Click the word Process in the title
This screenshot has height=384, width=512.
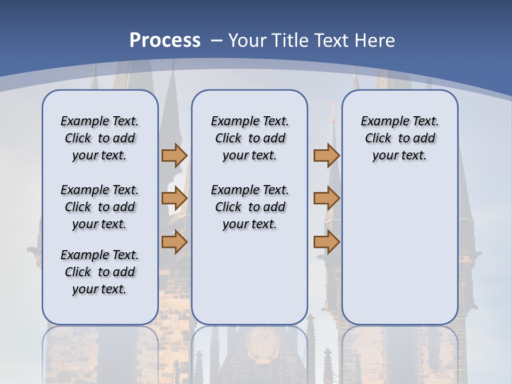click(165, 41)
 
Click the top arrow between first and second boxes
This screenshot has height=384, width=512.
click(174, 155)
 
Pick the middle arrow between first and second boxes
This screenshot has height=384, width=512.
click(174, 199)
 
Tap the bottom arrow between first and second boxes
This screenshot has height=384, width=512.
click(174, 242)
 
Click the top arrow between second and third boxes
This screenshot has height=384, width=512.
click(326, 155)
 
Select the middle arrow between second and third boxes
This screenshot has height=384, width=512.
click(326, 199)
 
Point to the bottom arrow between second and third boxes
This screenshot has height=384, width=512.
click(326, 242)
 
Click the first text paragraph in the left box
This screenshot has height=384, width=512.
click(100, 138)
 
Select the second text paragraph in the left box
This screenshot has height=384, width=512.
click(100, 207)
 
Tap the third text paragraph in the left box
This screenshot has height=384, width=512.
click(100, 272)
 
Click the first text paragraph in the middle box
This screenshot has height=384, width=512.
click(250, 138)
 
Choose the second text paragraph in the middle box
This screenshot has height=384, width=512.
click(250, 207)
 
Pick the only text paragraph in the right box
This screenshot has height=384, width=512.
click(399, 138)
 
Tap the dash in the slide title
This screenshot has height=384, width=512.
click(217, 41)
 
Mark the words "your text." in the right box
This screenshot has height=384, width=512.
click(399, 155)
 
